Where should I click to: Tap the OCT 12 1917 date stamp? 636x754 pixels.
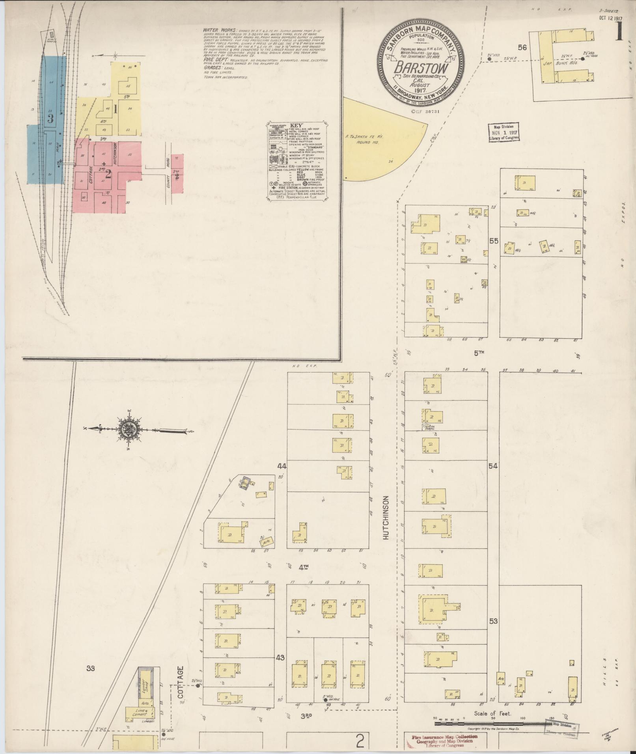611,18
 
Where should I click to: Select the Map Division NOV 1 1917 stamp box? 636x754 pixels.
504,132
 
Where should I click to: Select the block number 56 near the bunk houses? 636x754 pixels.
523,48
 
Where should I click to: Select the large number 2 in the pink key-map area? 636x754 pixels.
108,174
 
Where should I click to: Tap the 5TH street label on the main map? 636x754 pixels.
479,354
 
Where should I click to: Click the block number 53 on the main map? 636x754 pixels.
494,622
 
